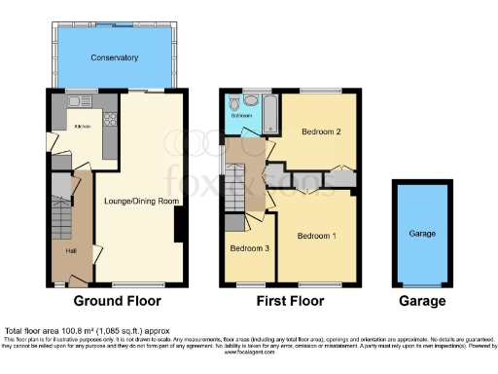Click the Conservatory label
click(x=114, y=57)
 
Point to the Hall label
click(x=71, y=250)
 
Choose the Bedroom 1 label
click(x=317, y=236)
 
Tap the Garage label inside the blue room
click(x=422, y=234)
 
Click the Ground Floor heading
click(x=118, y=301)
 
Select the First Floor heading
click(x=288, y=301)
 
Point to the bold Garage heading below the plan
click(x=422, y=301)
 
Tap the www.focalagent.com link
click(x=248, y=353)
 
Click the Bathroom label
click(x=241, y=116)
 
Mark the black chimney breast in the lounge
click(x=178, y=227)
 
